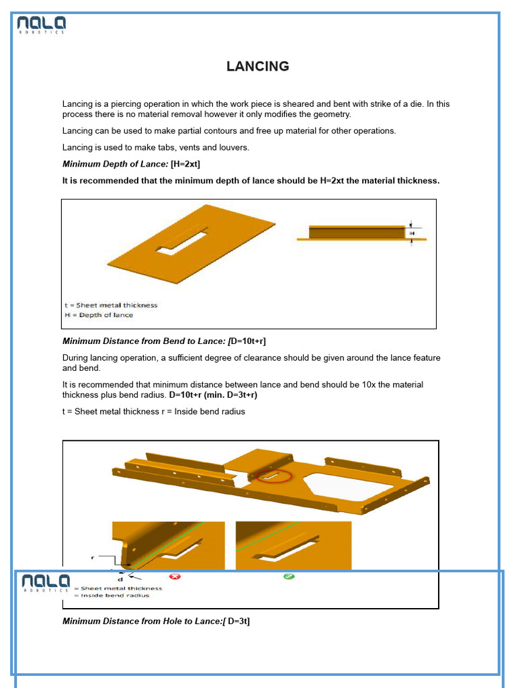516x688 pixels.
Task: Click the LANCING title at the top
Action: pyautogui.click(x=257, y=67)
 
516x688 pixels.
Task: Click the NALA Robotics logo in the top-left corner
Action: pyautogui.click(x=42, y=26)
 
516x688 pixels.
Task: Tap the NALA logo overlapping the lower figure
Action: pyautogui.click(x=45, y=583)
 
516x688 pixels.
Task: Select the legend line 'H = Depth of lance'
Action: pyautogui.click(x=99, y=315)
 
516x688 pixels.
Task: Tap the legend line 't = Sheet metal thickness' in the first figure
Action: pyautogui.click(x=111, y=305)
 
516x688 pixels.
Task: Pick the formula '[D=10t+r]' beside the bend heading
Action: pyautogui.click(x=252, y=341)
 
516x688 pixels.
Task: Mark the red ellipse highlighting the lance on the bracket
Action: pyautogui.click(x=274, y=476)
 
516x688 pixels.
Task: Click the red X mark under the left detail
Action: pyautogui.click(x=175, y=576)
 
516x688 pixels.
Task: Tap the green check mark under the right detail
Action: pyautogui.click(x=289, y=576)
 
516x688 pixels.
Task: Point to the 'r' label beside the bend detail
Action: pyautogui.click(x=92, y=557)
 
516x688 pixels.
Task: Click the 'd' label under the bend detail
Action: pyautogui.click(x=120, y=578)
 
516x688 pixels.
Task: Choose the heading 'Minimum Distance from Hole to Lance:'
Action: pyautogui.click(x=142, y=621)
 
